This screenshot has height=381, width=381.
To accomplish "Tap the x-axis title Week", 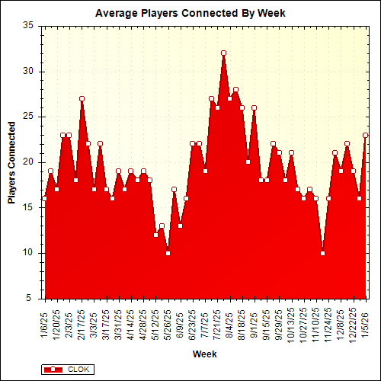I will click(x=204, y=354).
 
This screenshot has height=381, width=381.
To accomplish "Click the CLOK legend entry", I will click(x=68, y=369).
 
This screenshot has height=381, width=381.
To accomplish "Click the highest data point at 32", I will click(x=223, y=53).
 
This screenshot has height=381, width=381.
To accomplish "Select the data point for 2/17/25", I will click(x=82, y=98).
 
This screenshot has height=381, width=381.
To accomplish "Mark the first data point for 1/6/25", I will click(x=44, y=199).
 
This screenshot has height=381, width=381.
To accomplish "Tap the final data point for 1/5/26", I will click(x=366, y=135).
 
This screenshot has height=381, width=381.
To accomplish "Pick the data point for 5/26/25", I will click(x=168, y=253).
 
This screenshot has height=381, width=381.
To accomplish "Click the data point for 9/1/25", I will click(x=255, y=107).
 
